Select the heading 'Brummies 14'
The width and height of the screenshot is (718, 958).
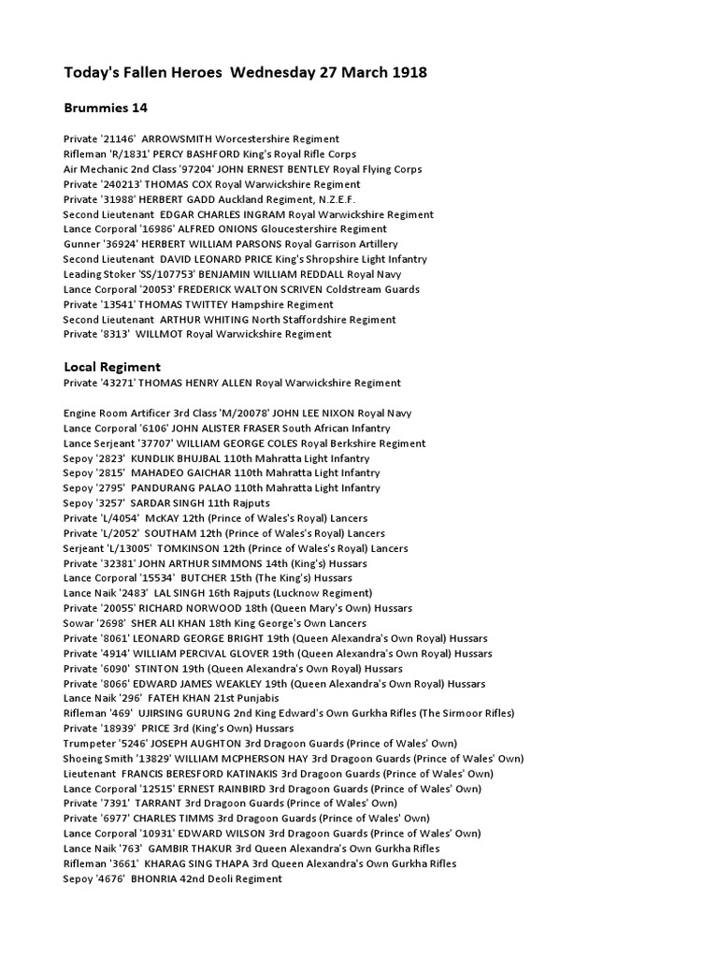pos(106,109)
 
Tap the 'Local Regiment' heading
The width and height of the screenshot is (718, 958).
pos(112,367)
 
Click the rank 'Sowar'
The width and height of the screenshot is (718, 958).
pos(78,623)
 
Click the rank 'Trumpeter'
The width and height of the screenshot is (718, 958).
pos(90,743)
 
